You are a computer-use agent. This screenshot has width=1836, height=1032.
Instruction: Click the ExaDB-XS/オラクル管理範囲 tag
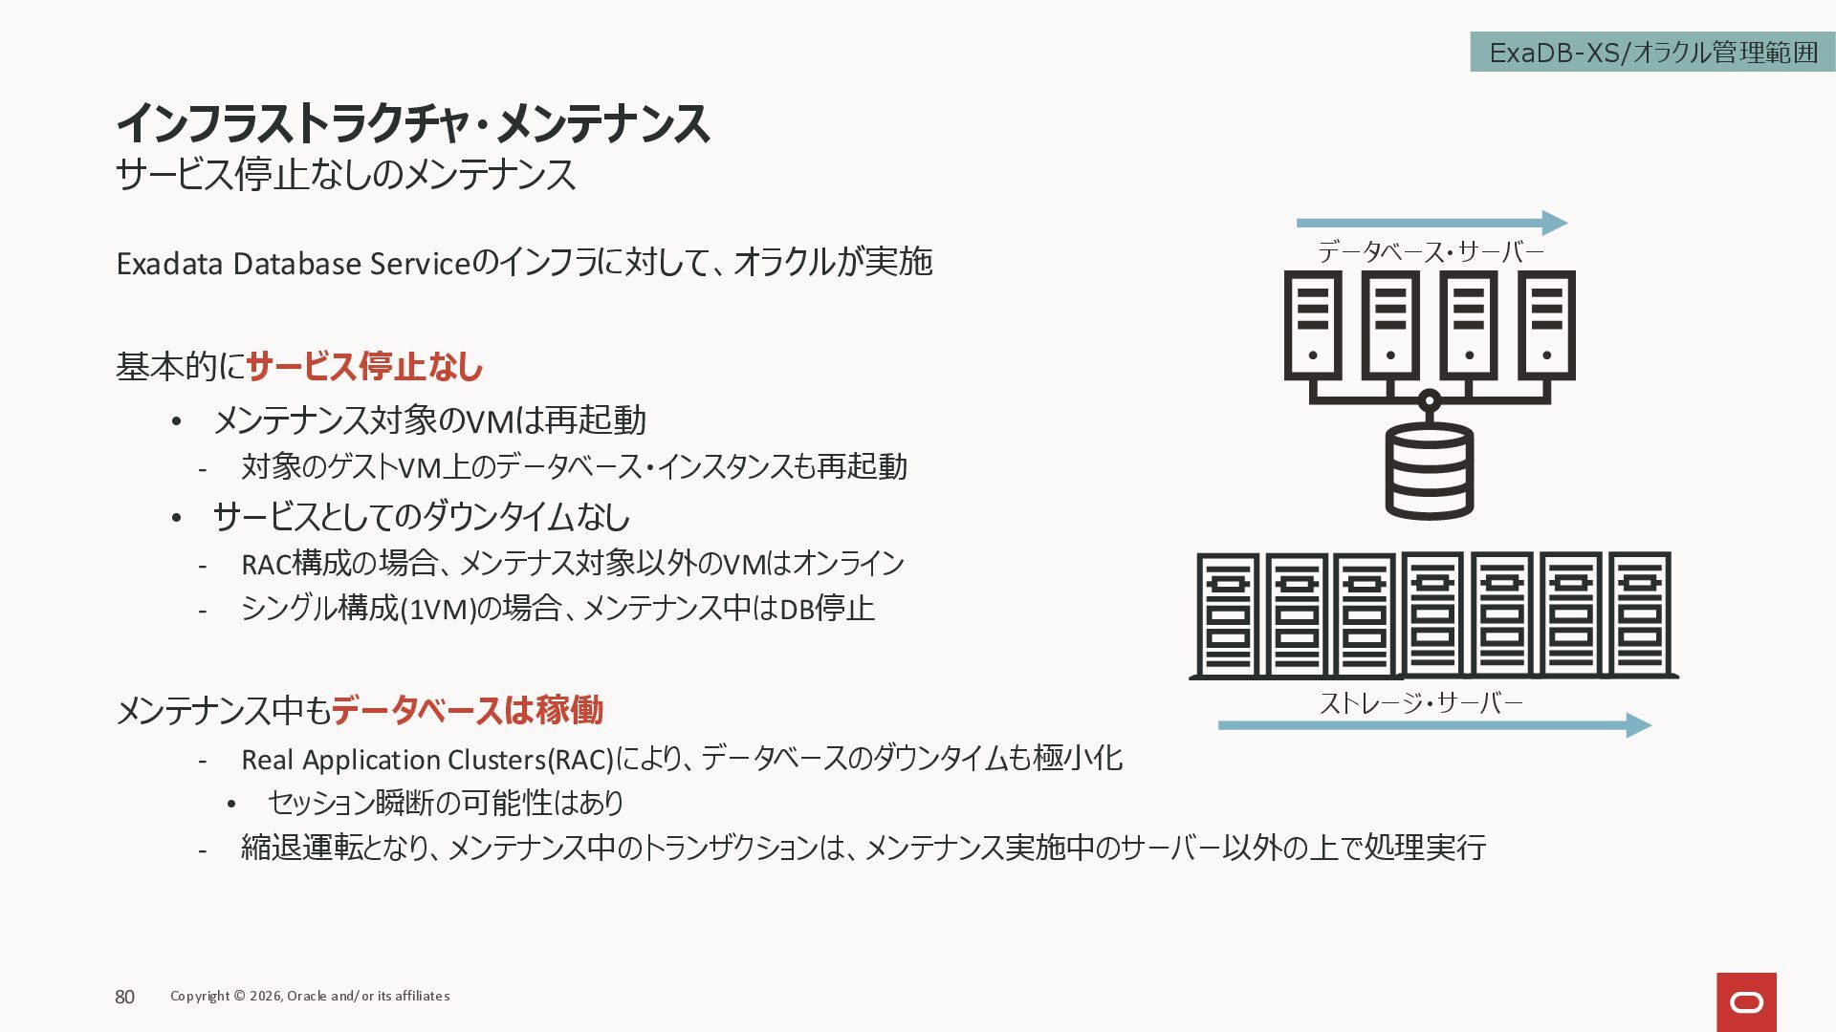coord(1652,53)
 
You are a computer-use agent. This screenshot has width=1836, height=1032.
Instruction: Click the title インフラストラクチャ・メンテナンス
coord(412,123)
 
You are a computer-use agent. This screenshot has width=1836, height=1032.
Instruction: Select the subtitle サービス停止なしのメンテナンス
coord(345,175)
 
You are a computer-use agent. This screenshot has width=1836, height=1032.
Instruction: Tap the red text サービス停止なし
coord(364,367)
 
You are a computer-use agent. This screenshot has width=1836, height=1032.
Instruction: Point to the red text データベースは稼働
coord(467,710)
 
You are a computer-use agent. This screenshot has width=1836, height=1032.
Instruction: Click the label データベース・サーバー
coord(1431,252)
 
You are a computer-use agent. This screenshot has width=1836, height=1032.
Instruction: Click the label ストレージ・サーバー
coord(1421,703)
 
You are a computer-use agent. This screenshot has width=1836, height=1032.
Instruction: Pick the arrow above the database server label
coord(1431,223)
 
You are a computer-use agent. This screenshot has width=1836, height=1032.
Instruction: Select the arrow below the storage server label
coord(1433,725)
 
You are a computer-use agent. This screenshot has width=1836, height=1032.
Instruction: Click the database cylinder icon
coord(1430,470)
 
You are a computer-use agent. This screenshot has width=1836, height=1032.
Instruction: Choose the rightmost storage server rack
coord(1639,614)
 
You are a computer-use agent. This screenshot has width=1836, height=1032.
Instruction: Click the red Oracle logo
coord(1746,1001)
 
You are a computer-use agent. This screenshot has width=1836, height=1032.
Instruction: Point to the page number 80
coord(125,997)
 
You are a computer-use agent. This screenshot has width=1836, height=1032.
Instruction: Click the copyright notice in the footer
coord(310,996)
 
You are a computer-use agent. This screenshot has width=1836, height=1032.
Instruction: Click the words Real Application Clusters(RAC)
coord(426,760)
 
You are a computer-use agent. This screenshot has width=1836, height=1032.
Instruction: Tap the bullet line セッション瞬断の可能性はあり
coord(446,803)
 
